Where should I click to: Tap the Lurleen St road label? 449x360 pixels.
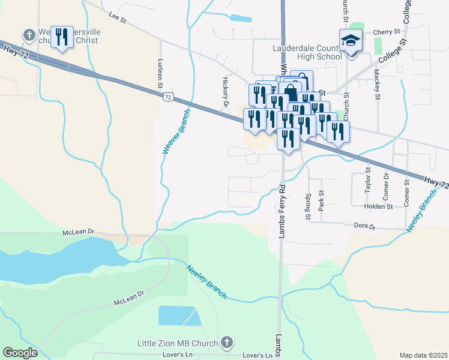pos(160,73)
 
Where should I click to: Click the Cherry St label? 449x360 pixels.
pos(386,32)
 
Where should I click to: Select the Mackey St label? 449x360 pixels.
pos(377,83)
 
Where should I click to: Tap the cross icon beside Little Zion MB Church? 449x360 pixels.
pos(226,343)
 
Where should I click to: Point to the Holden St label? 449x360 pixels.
pos(378,206)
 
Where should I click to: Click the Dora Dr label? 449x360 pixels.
pos(364,227)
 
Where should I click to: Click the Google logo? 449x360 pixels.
pos(20,352)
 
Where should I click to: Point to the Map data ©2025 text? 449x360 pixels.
pos(423,355)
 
